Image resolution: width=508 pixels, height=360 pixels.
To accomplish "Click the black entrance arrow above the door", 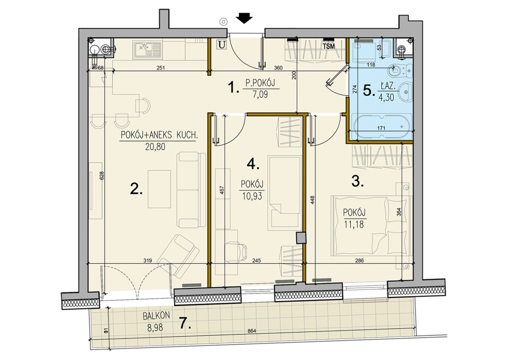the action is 244,18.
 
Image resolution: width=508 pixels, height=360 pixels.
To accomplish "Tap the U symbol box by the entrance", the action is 222,44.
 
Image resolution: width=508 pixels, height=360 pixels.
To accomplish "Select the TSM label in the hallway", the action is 329,47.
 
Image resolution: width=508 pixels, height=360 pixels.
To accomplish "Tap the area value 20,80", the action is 155,147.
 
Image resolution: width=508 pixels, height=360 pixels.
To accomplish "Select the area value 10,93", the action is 252,196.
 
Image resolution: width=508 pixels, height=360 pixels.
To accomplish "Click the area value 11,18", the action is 354,224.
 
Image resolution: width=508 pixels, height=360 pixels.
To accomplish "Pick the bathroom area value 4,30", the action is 386,97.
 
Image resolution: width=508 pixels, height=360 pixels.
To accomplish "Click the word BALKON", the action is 156,316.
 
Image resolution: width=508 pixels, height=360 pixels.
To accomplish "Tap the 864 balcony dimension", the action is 252,331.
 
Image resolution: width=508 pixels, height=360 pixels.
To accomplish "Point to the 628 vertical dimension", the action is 102,175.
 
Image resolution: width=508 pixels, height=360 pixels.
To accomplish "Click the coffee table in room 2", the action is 159,189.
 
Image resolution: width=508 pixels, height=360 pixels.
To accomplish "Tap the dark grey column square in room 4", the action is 301,238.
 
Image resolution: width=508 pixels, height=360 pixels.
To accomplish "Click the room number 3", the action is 357,182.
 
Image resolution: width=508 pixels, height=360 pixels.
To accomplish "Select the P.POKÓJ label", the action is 260,83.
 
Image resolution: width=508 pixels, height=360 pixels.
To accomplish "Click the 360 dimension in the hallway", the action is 278,68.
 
